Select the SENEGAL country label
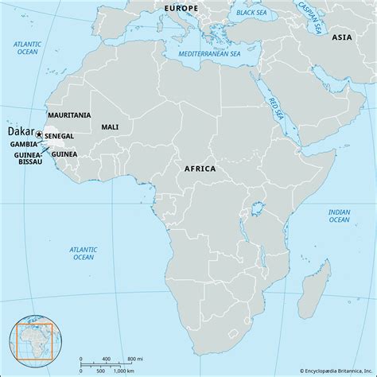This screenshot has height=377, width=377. click(x=60, y=137)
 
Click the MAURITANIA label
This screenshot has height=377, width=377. click(x=69, y=115)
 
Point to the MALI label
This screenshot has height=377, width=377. click(x=111, y=126)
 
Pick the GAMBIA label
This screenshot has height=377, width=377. click(x=21, y=144)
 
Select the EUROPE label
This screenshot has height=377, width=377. click(x=181, y=7)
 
